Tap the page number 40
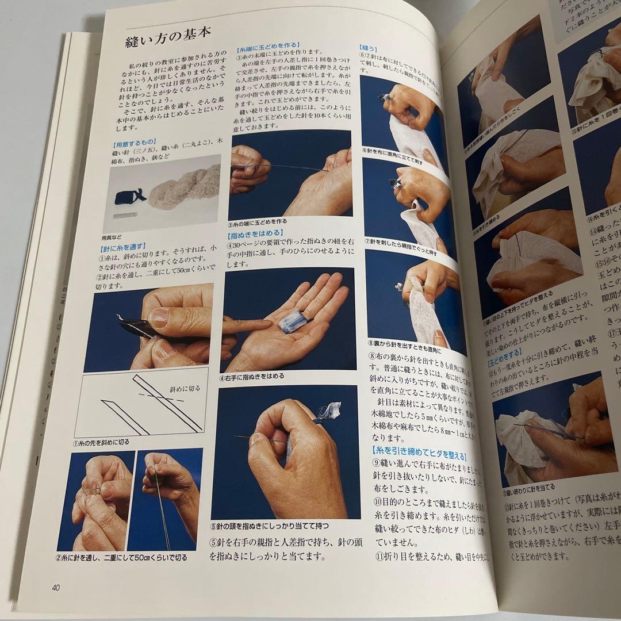pos(56,587)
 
